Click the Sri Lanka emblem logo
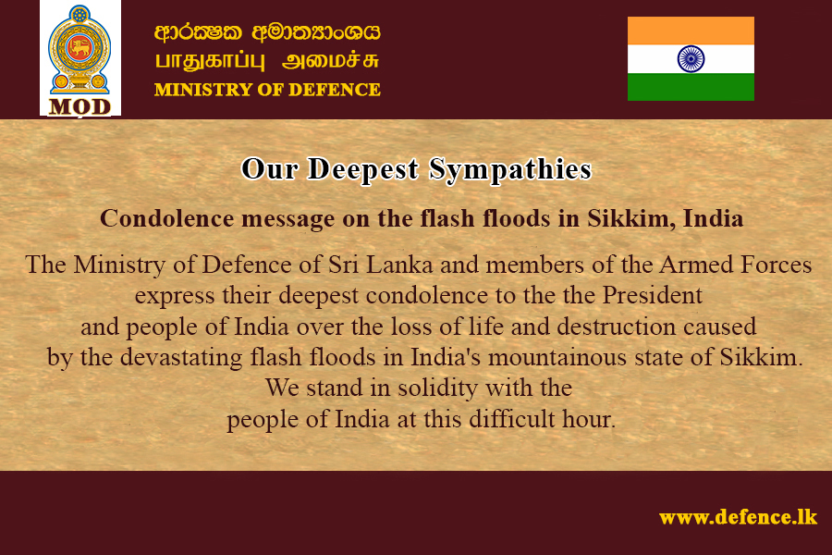[80, 51]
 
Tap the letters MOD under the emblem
[80, 106]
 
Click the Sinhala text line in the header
[267, 32]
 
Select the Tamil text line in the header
[267, 61]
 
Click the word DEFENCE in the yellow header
[335, 89]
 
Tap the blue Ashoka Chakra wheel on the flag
[691, 59]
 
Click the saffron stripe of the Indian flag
[691, 31]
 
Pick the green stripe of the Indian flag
[691, 87]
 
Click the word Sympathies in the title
[510, 170]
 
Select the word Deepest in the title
[363, 170]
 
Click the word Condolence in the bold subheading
[166, 218]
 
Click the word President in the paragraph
[652, 295]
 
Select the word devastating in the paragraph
[181, 357]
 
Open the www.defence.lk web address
[738, 517]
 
